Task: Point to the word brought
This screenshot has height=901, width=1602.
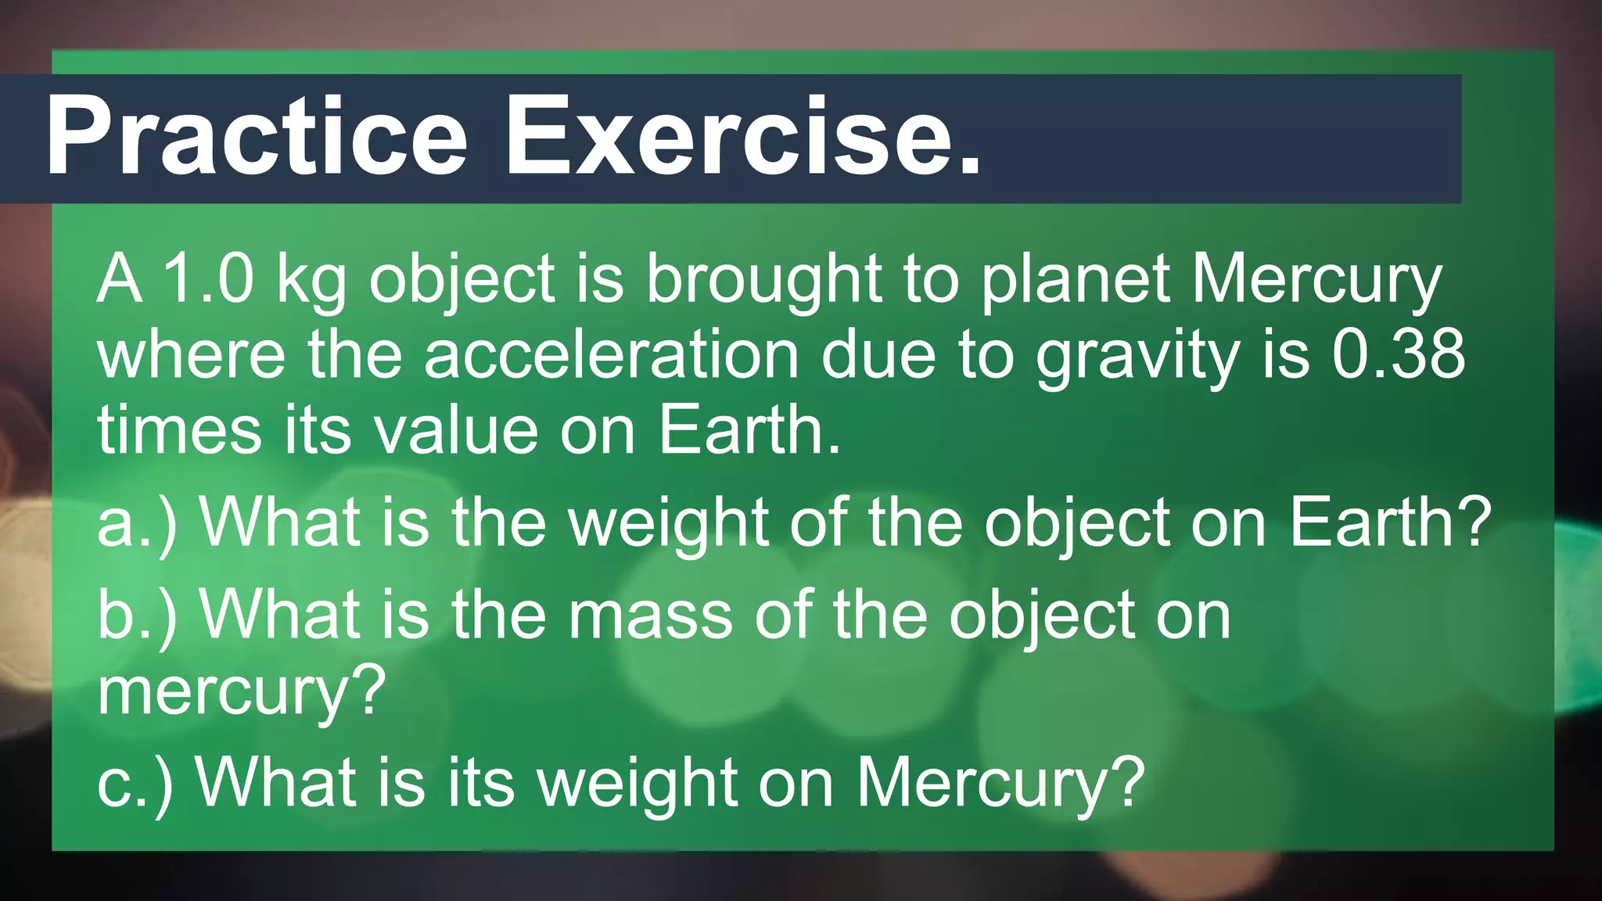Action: coord(763,282)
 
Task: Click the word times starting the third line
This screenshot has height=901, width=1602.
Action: coord(179,431)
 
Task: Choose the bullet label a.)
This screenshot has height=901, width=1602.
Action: coord(138,523)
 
